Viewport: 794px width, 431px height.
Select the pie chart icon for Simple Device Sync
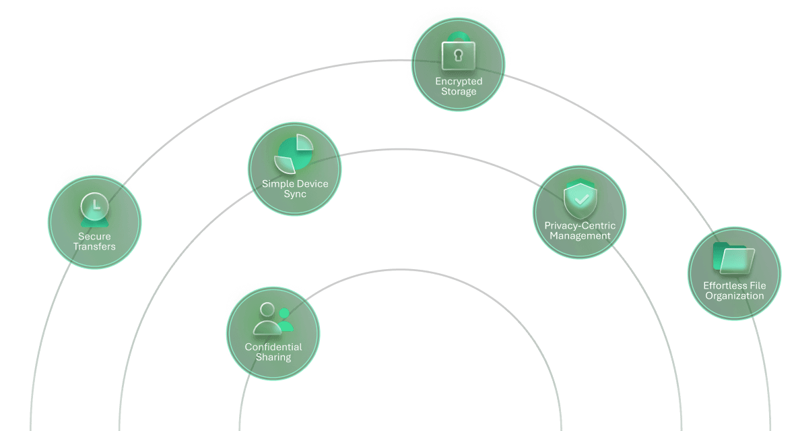click(294, 154)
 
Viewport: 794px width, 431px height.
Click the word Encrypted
click(459, 82)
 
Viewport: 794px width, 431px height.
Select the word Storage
click(459, 92)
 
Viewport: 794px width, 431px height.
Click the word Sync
click(295, 194)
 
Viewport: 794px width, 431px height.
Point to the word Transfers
click(94, 247)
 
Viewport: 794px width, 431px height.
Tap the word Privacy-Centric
click(580, 225)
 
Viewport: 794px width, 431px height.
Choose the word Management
click(580, 236)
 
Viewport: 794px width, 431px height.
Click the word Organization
click(735, 296)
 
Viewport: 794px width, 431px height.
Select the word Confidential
click(273, 347)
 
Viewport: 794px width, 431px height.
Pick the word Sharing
click(273, 357)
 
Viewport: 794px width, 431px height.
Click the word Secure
click(94, 237)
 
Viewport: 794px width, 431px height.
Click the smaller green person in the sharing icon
click(284, 318)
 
